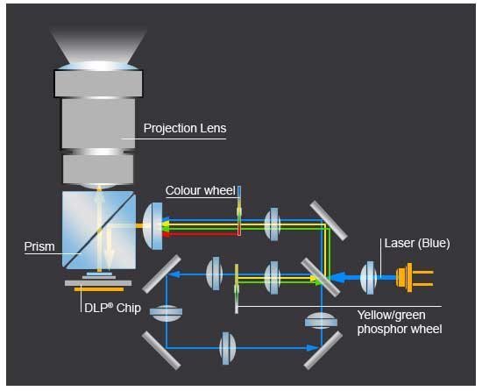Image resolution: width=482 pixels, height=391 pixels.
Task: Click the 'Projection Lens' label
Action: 185,128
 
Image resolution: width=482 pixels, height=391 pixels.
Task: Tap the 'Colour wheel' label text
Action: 201,190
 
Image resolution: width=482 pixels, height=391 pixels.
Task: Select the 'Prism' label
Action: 39,246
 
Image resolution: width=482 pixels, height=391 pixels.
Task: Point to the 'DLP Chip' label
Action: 112,308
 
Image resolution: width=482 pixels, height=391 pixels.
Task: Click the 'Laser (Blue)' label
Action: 417,243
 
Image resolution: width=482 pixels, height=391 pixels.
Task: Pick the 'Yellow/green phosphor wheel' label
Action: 400,322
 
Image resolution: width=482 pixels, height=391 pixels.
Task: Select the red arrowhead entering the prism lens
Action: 166,235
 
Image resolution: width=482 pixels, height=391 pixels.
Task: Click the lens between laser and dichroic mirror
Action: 369,278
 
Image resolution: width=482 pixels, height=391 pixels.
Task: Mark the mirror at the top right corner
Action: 329,220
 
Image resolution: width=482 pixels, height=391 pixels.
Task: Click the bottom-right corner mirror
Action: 323,350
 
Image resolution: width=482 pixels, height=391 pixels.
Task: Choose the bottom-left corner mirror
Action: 161,350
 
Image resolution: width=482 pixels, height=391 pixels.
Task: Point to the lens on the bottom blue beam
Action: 228,348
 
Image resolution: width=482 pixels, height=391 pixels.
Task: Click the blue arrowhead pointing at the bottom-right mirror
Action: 312,348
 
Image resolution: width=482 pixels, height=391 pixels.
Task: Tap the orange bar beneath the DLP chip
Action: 99,289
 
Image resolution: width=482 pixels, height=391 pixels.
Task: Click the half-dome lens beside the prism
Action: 152,226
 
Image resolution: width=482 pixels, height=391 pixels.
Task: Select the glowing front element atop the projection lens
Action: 98,66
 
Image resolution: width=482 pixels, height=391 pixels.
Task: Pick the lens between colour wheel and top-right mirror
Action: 273,224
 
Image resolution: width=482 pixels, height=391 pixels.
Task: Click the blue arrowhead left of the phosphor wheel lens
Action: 174,274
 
